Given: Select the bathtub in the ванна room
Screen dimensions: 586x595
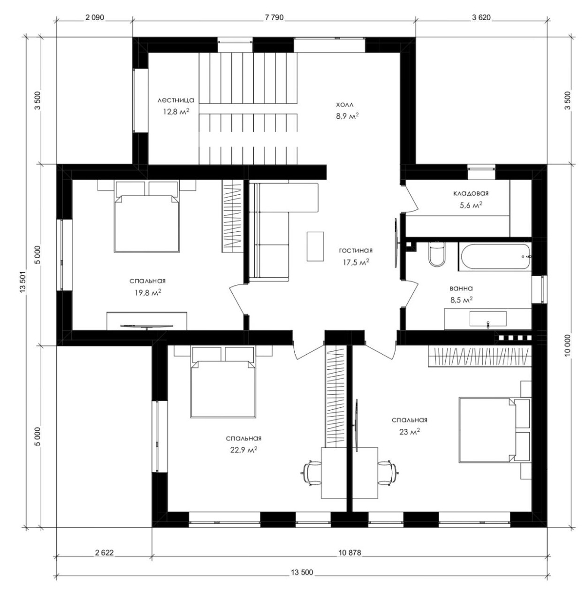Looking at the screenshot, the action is (495, 257).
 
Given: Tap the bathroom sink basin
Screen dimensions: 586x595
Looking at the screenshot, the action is (488, 319).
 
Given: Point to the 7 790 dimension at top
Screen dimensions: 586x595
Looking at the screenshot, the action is (274, 18).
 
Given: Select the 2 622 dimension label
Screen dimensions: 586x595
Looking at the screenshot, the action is (104, 552).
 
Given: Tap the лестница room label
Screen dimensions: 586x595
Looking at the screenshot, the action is (176, 100).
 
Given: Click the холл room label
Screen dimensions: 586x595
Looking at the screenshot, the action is (345, 105).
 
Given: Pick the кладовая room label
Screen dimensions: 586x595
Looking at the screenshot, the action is (471, 193).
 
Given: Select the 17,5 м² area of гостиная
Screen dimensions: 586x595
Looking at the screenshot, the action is (356, 262).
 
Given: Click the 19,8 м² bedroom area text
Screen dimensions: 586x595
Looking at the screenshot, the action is (148, 292).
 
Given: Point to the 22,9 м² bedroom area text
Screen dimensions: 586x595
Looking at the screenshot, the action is (244, 449).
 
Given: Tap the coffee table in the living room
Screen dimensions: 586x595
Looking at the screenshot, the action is (315, 246).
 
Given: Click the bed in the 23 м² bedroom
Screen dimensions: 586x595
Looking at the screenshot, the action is (487, 429).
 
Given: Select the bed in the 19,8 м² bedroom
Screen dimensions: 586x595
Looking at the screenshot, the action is (147, 223).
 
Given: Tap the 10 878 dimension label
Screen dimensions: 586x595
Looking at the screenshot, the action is (350, 552).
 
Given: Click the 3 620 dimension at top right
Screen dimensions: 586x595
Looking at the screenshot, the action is (481, 18).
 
